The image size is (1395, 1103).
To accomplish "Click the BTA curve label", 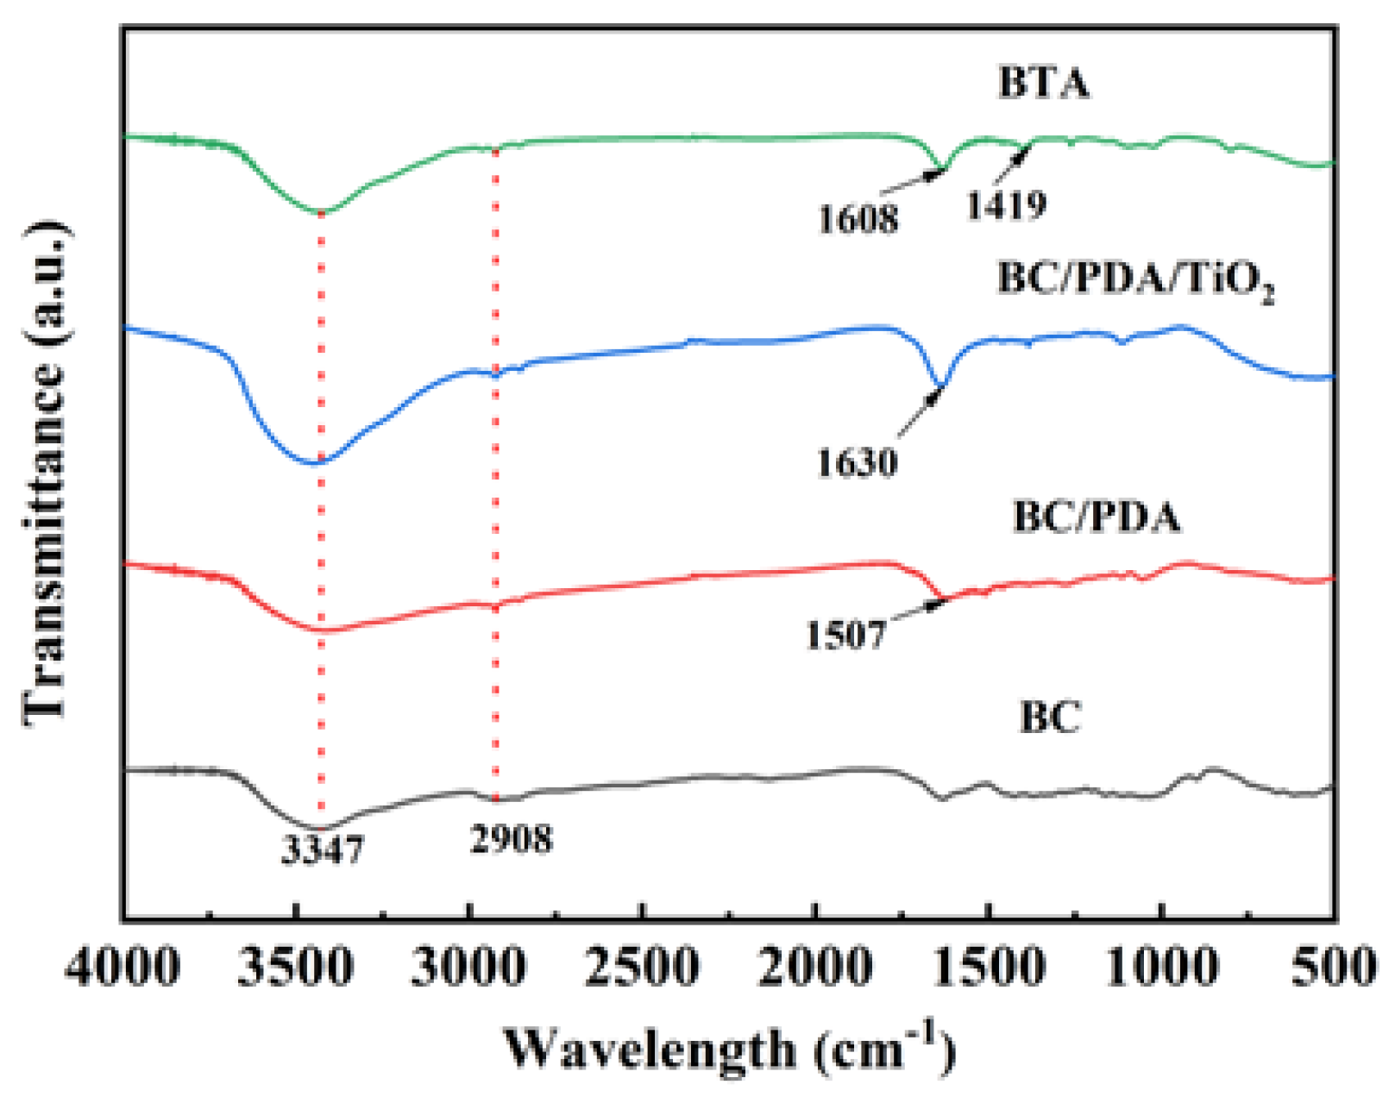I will point(1044,84).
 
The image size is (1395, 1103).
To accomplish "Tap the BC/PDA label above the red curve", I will point(1097,517).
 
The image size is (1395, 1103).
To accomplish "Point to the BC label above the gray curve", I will point(1050,717).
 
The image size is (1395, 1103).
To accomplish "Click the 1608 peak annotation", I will point(858,219).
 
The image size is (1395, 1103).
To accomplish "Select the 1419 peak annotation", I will point(1006,205).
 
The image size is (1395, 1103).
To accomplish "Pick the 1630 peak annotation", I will point(858,463).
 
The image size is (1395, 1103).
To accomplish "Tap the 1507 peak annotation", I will point(845,635).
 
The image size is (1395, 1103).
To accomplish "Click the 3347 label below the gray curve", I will point(324,850).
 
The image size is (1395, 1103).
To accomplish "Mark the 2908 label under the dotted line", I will point(512,838).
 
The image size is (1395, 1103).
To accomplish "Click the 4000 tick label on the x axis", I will point(123,968).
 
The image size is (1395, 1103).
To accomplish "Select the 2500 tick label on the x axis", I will point(643,968).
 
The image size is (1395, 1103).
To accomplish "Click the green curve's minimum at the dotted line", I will point(320,211).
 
